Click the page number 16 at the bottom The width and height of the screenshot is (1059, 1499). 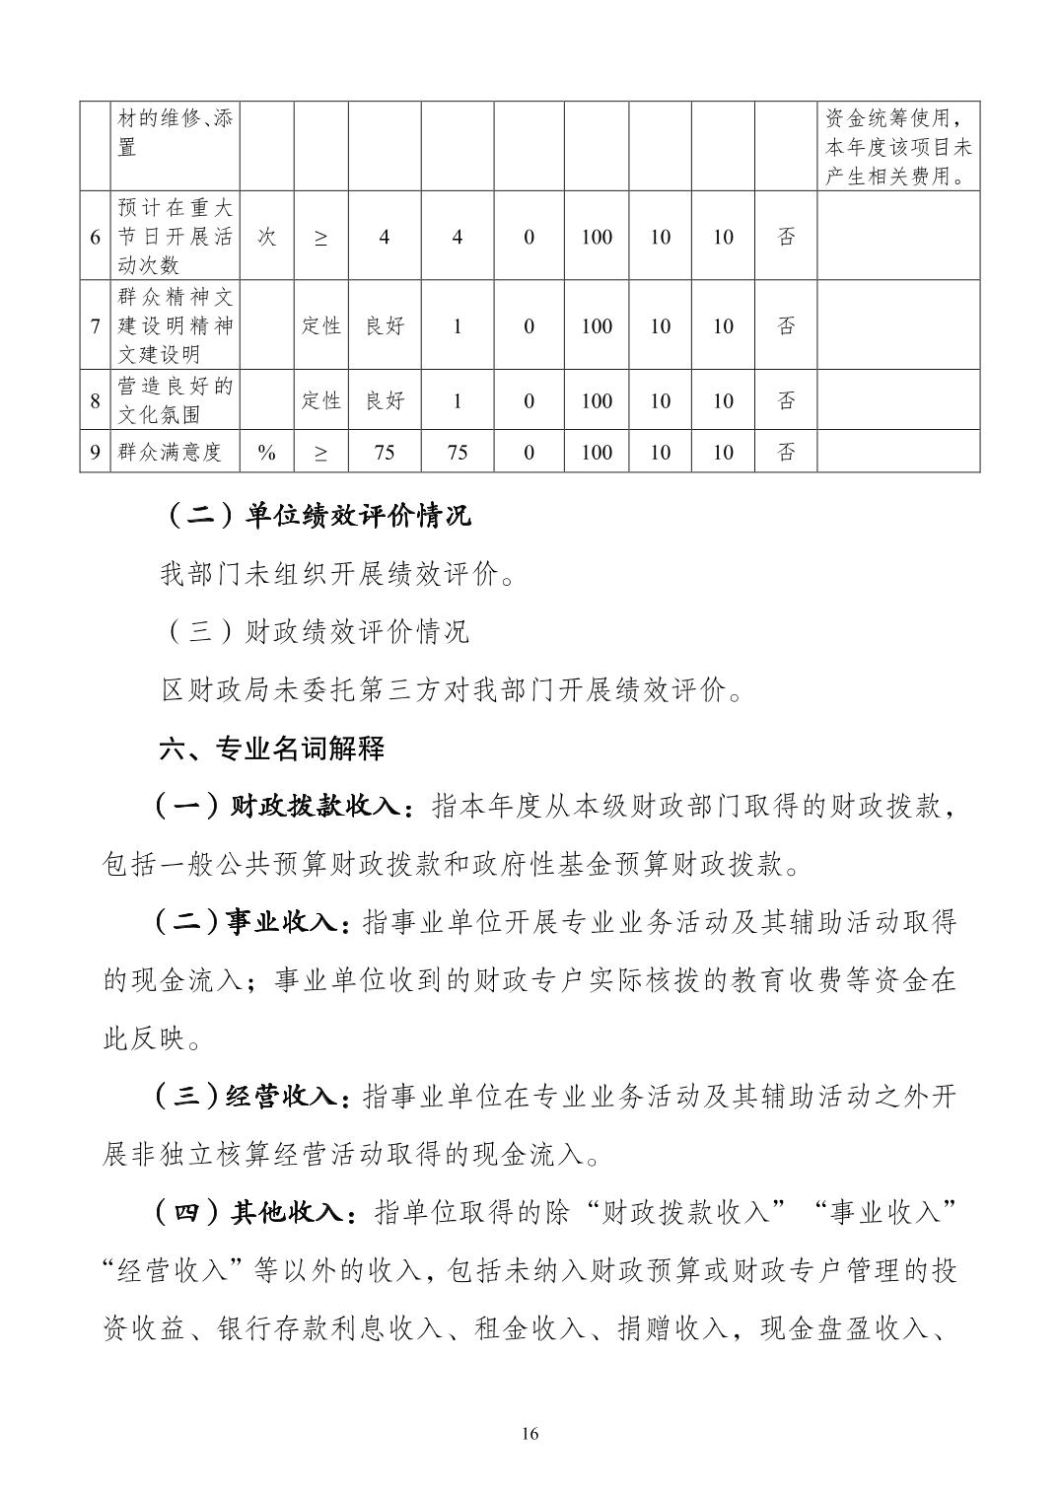tap(529, 1433)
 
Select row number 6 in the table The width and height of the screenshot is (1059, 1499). tap(95, 237)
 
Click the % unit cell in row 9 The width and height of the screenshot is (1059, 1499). tap(266, 452)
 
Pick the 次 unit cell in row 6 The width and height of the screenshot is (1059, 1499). tap(266, 237)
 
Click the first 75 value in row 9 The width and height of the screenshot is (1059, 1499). tap(385, 452)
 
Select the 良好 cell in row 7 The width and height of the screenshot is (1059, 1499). tap(385, 325)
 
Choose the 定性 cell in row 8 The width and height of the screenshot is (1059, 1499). tap(320, 400)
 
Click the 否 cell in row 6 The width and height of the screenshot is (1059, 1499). tap(786, 237)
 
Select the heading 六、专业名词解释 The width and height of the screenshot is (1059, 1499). tap(272, 749)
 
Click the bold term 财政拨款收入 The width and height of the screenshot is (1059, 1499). tap(314, 807)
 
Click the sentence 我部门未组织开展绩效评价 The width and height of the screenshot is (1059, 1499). tap(335, 574)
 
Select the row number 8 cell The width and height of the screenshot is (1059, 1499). tap(95, 400)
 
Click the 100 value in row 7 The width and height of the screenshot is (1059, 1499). tap(597, 325)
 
